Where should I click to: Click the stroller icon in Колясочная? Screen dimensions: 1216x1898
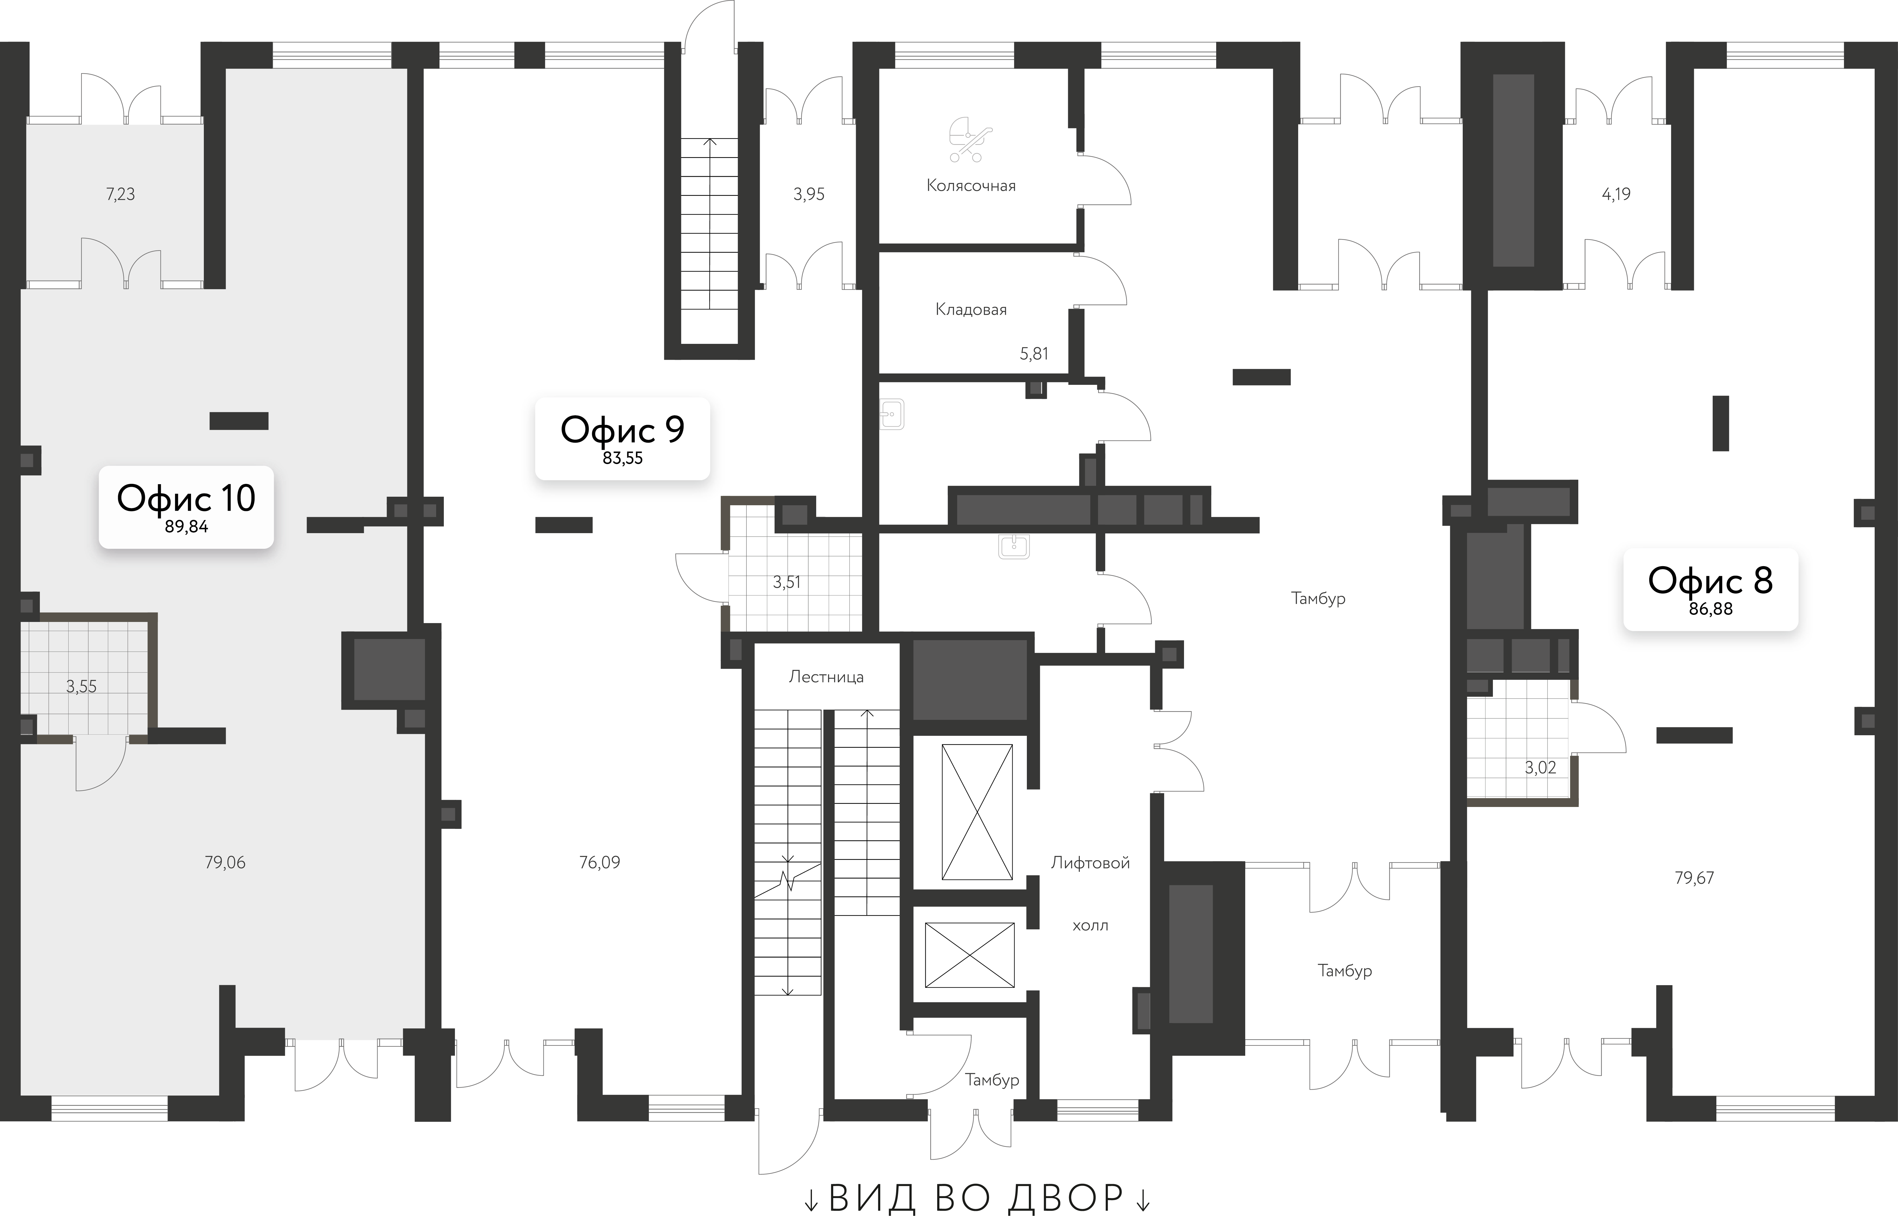pos(969,140)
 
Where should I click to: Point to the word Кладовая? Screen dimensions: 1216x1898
pos(971,309)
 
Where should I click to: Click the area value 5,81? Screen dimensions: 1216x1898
pos(1033,354)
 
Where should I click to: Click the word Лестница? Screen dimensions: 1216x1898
pos(826,677)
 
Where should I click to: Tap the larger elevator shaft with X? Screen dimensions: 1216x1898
pos(977,812)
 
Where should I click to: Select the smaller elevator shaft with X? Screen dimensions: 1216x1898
pos(970,955)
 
